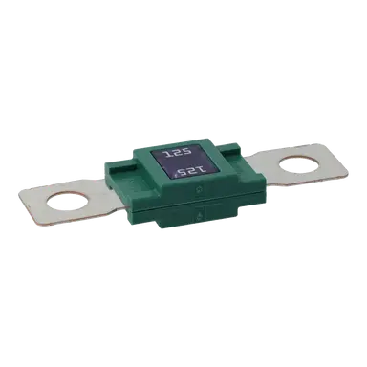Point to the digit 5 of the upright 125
pyautogui.click(x=189, y=151)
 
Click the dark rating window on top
pyautogui.click(x=182, y=162)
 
